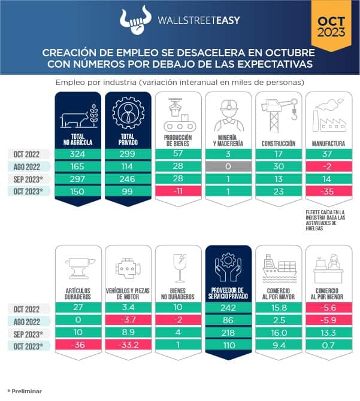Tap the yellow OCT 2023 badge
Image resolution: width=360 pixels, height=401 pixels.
click(331, 24)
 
